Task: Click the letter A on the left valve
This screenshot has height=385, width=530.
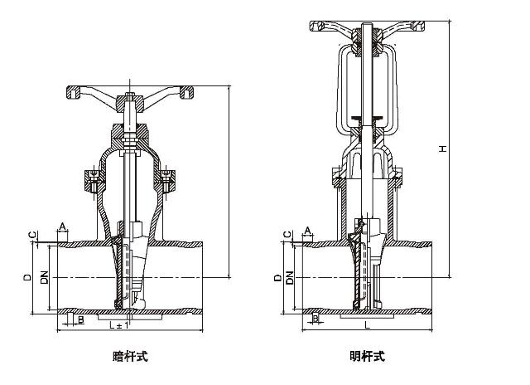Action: [61, 227]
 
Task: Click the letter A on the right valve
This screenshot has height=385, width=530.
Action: [307, 229]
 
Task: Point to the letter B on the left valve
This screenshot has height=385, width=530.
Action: [80, 318]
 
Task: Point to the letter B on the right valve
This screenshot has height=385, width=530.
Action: [316, 318]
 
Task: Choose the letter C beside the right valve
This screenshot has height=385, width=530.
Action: [287, 236]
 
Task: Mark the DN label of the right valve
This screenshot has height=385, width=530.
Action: [289, 279]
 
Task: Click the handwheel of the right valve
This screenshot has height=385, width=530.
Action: [367, 25]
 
